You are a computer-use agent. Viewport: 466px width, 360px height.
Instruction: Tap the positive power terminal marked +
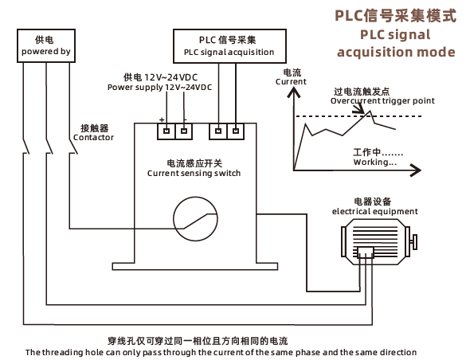(x=166, y=131)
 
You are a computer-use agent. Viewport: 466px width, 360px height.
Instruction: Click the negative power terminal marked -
(x=184, y=131)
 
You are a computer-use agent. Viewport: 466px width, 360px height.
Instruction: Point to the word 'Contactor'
(x=94, y=138)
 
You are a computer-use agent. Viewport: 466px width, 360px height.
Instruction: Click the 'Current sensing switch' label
(x=194, y=173)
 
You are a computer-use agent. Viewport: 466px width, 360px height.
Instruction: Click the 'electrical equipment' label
(x=374, y=212)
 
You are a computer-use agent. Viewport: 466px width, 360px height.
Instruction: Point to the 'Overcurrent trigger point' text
(x=382, y=101)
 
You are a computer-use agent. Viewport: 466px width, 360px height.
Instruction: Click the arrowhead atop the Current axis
(x=294, y=92)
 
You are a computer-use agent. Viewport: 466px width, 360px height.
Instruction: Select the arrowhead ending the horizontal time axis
(x=416, y=170)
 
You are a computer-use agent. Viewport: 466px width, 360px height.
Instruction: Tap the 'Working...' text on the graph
(x=375, y=162)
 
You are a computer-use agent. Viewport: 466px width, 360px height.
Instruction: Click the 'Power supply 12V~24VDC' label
(x=159, y=88)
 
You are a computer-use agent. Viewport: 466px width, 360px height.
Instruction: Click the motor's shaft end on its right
(x=413, y=242)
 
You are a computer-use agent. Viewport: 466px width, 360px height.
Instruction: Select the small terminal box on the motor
(x=366, y=252)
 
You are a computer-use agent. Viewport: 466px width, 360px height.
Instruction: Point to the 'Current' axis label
(x=291, y=82)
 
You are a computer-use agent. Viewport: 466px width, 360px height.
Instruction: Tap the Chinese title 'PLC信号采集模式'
(x=395, y=16)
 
